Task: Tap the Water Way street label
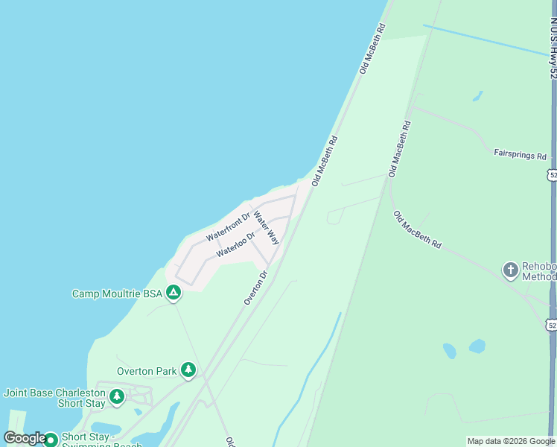266,229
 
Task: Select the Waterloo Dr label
236,244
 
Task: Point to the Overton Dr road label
255,288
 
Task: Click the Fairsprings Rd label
520,155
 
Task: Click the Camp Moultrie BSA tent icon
173,294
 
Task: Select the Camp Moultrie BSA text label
116,294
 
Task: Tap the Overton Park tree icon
188,370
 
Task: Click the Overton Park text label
147,371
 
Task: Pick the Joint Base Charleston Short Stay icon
116,398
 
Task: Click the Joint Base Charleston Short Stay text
54,398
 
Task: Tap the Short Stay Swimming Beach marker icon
51,440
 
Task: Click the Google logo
25,438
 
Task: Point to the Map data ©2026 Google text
511,441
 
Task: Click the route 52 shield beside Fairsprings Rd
551,174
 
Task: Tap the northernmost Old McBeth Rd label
372,48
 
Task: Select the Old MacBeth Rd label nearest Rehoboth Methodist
417,229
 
